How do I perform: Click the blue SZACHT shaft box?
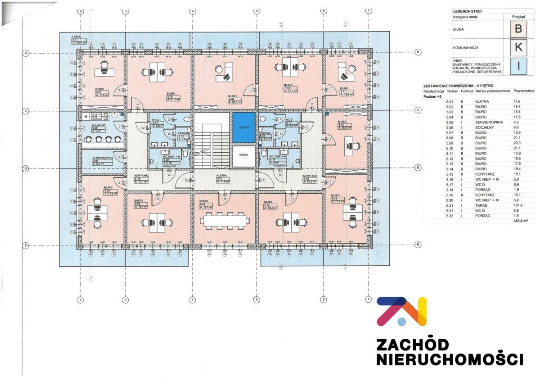tap(244, 128)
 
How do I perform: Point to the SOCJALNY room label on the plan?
tap(99, 124)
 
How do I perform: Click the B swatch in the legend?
tap(518, 30)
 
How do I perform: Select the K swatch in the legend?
tap(518, 47)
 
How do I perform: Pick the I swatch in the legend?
tap(518, 66)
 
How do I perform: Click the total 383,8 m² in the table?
tap(520, 221)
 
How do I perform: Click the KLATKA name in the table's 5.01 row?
tap(481, 102)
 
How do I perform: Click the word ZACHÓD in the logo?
tap(412, 345)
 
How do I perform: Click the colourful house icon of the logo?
tap(401, 311)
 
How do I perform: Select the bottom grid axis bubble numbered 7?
tap(369, 299)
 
